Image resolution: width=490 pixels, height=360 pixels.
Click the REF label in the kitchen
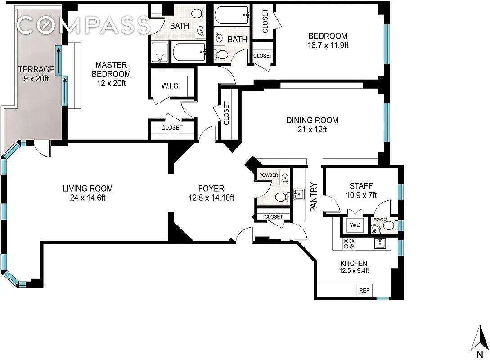[x=364, y=291]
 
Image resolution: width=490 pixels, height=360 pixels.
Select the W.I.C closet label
[x=171, y=85]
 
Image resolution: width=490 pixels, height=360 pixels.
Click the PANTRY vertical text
[x=315, y=197]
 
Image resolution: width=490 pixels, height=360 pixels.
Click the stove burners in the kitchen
[x=348, y=243]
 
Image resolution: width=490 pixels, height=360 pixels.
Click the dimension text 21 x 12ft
[x=312, y=130]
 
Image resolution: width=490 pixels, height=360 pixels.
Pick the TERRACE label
[x=36, y=69]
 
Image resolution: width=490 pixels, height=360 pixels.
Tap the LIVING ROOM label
[x=88, y=189]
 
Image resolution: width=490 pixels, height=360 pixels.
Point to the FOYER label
[x=211, y=189]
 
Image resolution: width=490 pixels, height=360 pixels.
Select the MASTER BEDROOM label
[x=111, y=69]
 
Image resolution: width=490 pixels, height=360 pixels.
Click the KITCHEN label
[x=353, y=263]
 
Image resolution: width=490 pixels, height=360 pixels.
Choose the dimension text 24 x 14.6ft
[x=88, y=198]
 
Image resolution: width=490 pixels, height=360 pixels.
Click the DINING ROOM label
[x=312, y=120]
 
